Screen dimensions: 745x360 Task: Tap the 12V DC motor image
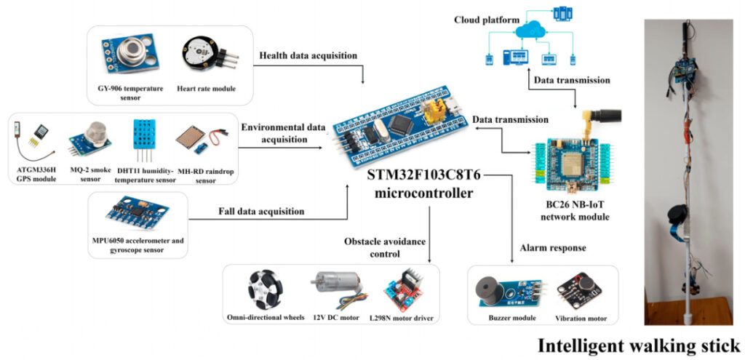pyautogui.click(x=338, y=288)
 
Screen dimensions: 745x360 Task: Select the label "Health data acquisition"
pyautogui.click(x=308, y=55)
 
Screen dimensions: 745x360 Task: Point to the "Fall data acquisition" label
pyautogui.click(x=261, y=212)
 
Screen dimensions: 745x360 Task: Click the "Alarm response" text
pyautogui.click(x=553, y=248)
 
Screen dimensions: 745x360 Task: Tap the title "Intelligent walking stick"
pyautogui.click(x=639, y=345)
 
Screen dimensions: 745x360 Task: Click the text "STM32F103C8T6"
pyautogui.click(x=424, y=175)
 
